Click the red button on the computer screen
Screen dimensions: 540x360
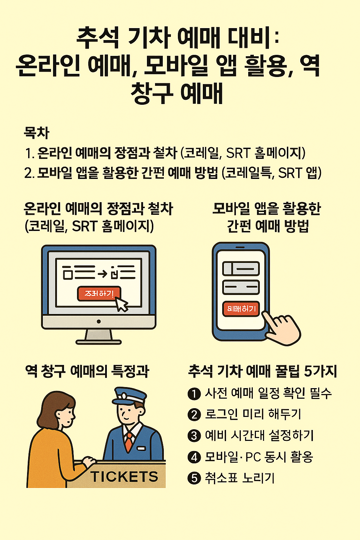click(99, 293)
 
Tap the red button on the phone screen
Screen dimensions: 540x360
click(241, 309)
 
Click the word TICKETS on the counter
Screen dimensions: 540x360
click(124, 477)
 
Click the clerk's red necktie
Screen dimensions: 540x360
click(129, 441)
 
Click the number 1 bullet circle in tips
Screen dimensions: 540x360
click(194, 394)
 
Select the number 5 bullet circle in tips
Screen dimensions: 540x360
click(194, 478)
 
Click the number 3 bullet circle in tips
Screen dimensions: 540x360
click(194, 436)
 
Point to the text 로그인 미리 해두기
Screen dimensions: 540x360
click(253, 414)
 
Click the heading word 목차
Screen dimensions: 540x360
click(36, 133)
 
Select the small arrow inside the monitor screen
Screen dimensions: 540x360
click(102, 273)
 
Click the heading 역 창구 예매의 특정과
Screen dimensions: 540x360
click(87, 371)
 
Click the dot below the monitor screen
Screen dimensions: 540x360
click(99, 321)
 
